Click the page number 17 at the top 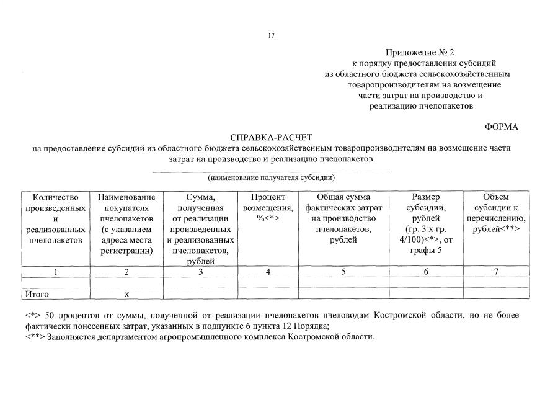click(x=271, y=35)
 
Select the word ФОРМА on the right click(x=502, y=127)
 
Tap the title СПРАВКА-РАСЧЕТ click(x=272, y=137)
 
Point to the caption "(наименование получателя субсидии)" click(x=272, y=177)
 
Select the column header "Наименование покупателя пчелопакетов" click(x=126, y=224)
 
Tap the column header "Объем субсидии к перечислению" click(x=495, y=213)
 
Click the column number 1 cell click(x=56, y=272)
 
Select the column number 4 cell click(x=268, y=272)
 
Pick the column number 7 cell click(x=495, y=272)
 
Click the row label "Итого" click(x=37, y=294)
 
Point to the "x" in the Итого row click(x=126, y=294)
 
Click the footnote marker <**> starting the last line click(x=35, y=337)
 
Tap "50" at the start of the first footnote click(x=51, y=316)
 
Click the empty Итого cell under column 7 click(x=495, y=294)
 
